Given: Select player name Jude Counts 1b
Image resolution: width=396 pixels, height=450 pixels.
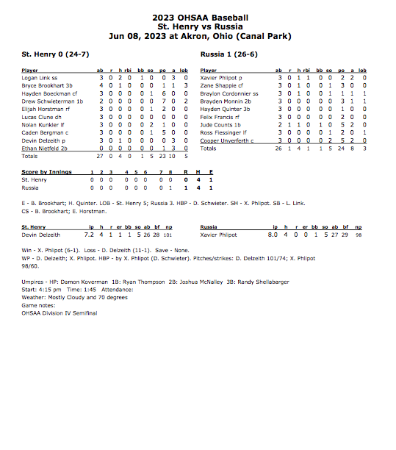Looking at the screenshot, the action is [219, 124].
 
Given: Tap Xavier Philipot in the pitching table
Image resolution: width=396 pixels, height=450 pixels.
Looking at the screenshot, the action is [218, 235].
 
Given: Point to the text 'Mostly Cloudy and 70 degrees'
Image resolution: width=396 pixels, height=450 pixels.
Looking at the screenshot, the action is [80, 297].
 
